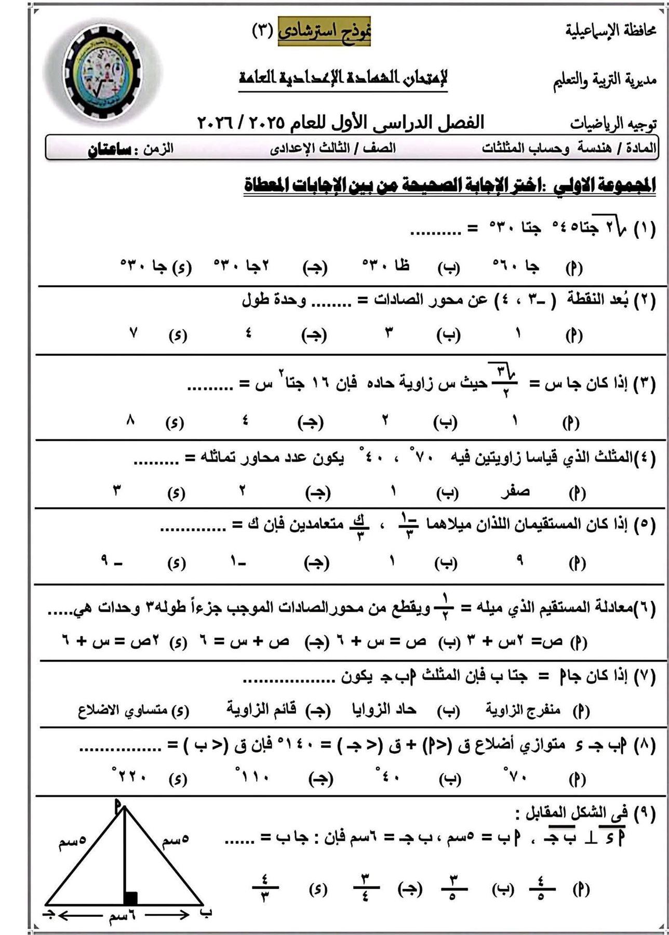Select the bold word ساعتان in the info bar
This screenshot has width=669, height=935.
coord(109,149)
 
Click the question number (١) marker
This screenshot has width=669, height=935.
coord(644,229)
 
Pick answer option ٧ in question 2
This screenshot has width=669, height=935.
coord(133,333)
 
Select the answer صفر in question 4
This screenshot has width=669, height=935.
coord(515,491)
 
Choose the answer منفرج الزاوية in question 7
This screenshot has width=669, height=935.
coord(523,710)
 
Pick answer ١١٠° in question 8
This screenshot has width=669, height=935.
coord(254,777)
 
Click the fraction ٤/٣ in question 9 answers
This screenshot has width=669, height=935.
coord(265,889)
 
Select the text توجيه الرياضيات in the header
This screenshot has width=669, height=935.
coord(613,124)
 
